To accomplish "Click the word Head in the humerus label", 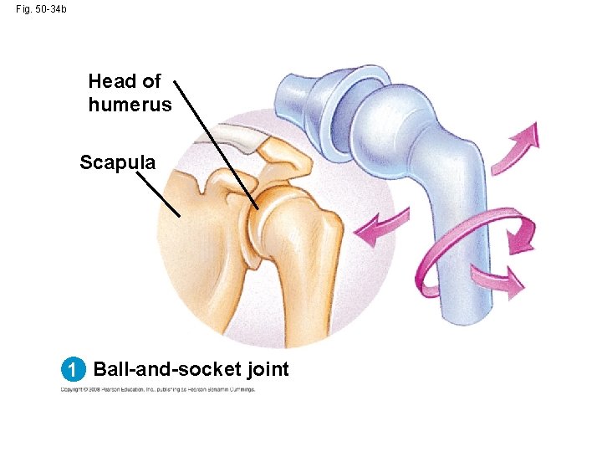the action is [111, 82].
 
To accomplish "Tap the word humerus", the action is [130, 105].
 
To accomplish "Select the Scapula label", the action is [117, 162].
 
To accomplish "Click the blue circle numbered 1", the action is [74, 369].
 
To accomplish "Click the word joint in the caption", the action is [265, 369].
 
